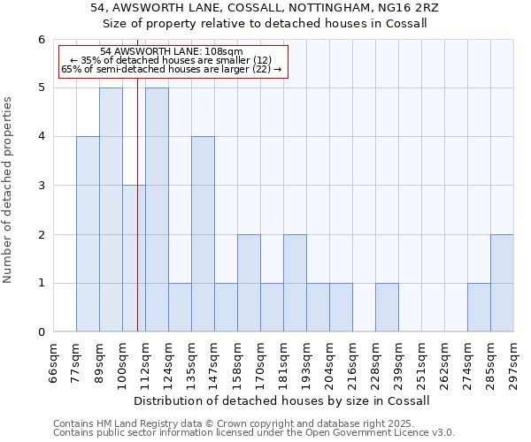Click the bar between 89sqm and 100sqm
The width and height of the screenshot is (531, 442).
pos(111,210)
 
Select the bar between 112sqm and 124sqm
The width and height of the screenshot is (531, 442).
pos(157,210)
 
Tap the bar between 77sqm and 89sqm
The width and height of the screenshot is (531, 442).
pos(88,234)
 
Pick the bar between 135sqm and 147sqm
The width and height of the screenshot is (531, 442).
pos(203,234)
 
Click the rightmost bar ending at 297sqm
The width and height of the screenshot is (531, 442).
pos(502,283)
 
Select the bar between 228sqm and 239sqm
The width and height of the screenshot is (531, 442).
pos(387,308)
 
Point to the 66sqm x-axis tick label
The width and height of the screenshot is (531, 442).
pos(53,363)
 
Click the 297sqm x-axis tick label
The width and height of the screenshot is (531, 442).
pos(513,363)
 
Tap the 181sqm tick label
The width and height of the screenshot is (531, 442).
pos(283,363)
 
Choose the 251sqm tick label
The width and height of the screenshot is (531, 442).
pos(421,363)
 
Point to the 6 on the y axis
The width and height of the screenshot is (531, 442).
pos(41,40)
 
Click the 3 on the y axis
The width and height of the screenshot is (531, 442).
pos(41,186)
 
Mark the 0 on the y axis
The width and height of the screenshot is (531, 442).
pos(41,332)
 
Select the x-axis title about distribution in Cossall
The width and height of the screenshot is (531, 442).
pos(283,400)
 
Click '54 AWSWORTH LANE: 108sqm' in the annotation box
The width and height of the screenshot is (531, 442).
pos(172,52)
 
